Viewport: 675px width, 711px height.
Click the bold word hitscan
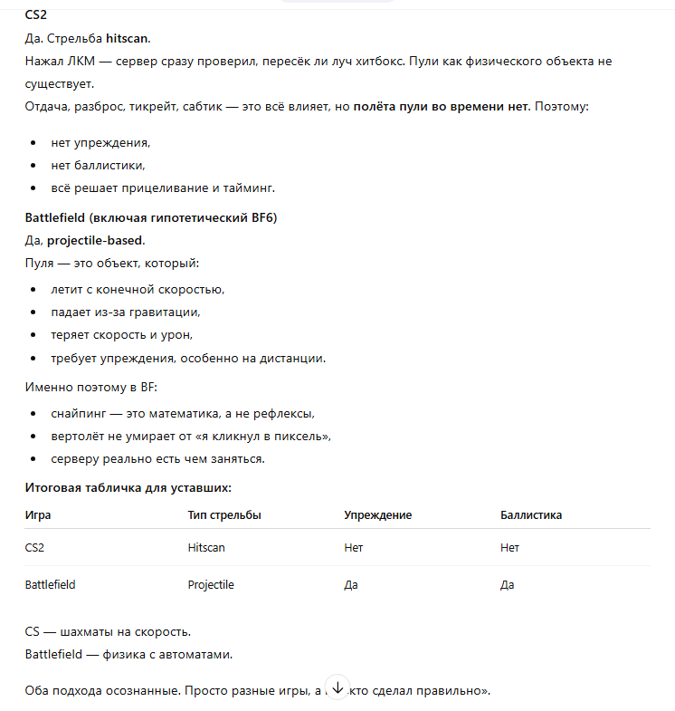pos(127,38)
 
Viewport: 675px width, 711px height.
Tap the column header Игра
pos(38,515)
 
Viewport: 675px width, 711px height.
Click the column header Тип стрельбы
pos(224,515)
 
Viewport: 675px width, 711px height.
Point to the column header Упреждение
pos(377,515)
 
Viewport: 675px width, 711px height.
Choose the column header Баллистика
pos(531,515)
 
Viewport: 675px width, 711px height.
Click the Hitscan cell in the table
pos(206,548)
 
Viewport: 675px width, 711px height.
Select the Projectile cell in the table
pos(211,585)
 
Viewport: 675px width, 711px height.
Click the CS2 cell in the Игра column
pos(34,548)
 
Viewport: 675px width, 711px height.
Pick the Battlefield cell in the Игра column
pos(50,585)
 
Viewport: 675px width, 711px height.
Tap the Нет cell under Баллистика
pos(509,548)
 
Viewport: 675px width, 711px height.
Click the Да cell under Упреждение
pos(351,585)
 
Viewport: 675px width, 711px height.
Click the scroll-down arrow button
pos(337,688)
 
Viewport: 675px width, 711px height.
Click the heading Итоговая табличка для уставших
pos(128,488)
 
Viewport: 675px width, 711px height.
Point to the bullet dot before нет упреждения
pos(34,143)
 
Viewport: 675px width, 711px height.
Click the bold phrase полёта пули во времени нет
pos(441,107)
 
